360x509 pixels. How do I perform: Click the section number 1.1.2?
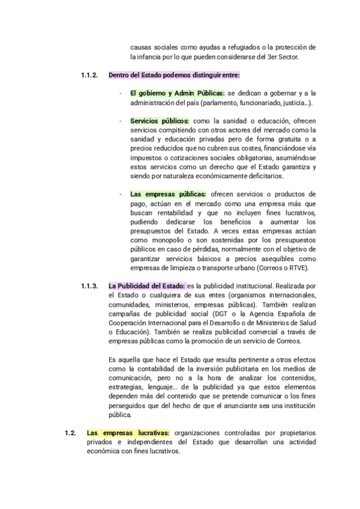[89, 75]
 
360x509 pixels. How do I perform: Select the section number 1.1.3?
[89, 285]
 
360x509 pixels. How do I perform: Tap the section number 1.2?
[71, 432]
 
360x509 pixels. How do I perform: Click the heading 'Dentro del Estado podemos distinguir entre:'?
[174, 75]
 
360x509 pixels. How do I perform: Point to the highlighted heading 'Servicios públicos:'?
[159, 121]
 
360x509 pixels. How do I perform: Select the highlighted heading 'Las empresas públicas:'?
[168, 194]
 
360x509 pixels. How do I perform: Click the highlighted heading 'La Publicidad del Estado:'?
[146, 285]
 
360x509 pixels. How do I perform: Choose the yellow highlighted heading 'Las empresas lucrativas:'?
[128, 432]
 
